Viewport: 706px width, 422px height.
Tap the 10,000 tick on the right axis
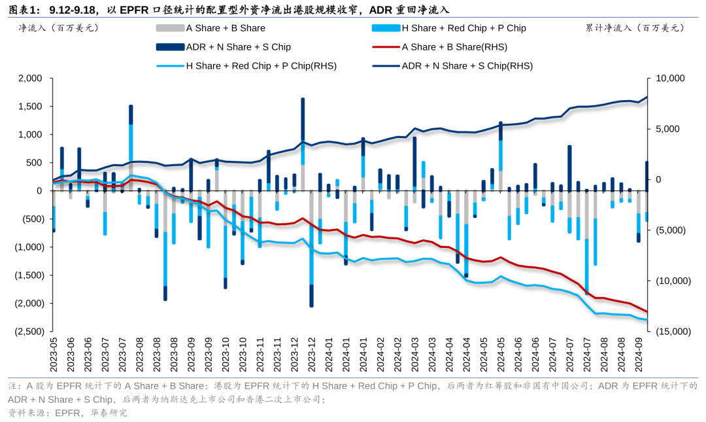pyautogui.click(x=669, y=79)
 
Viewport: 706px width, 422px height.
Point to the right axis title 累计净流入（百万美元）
pyautogui.click(x=635, y=28)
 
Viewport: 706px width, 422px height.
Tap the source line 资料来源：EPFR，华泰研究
pyautogui.click(x=68, y=412)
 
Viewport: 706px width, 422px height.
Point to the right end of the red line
pyautogui.click(x=647, y=312)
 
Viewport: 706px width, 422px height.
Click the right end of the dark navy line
pyautogui.click(x=647, y=97)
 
